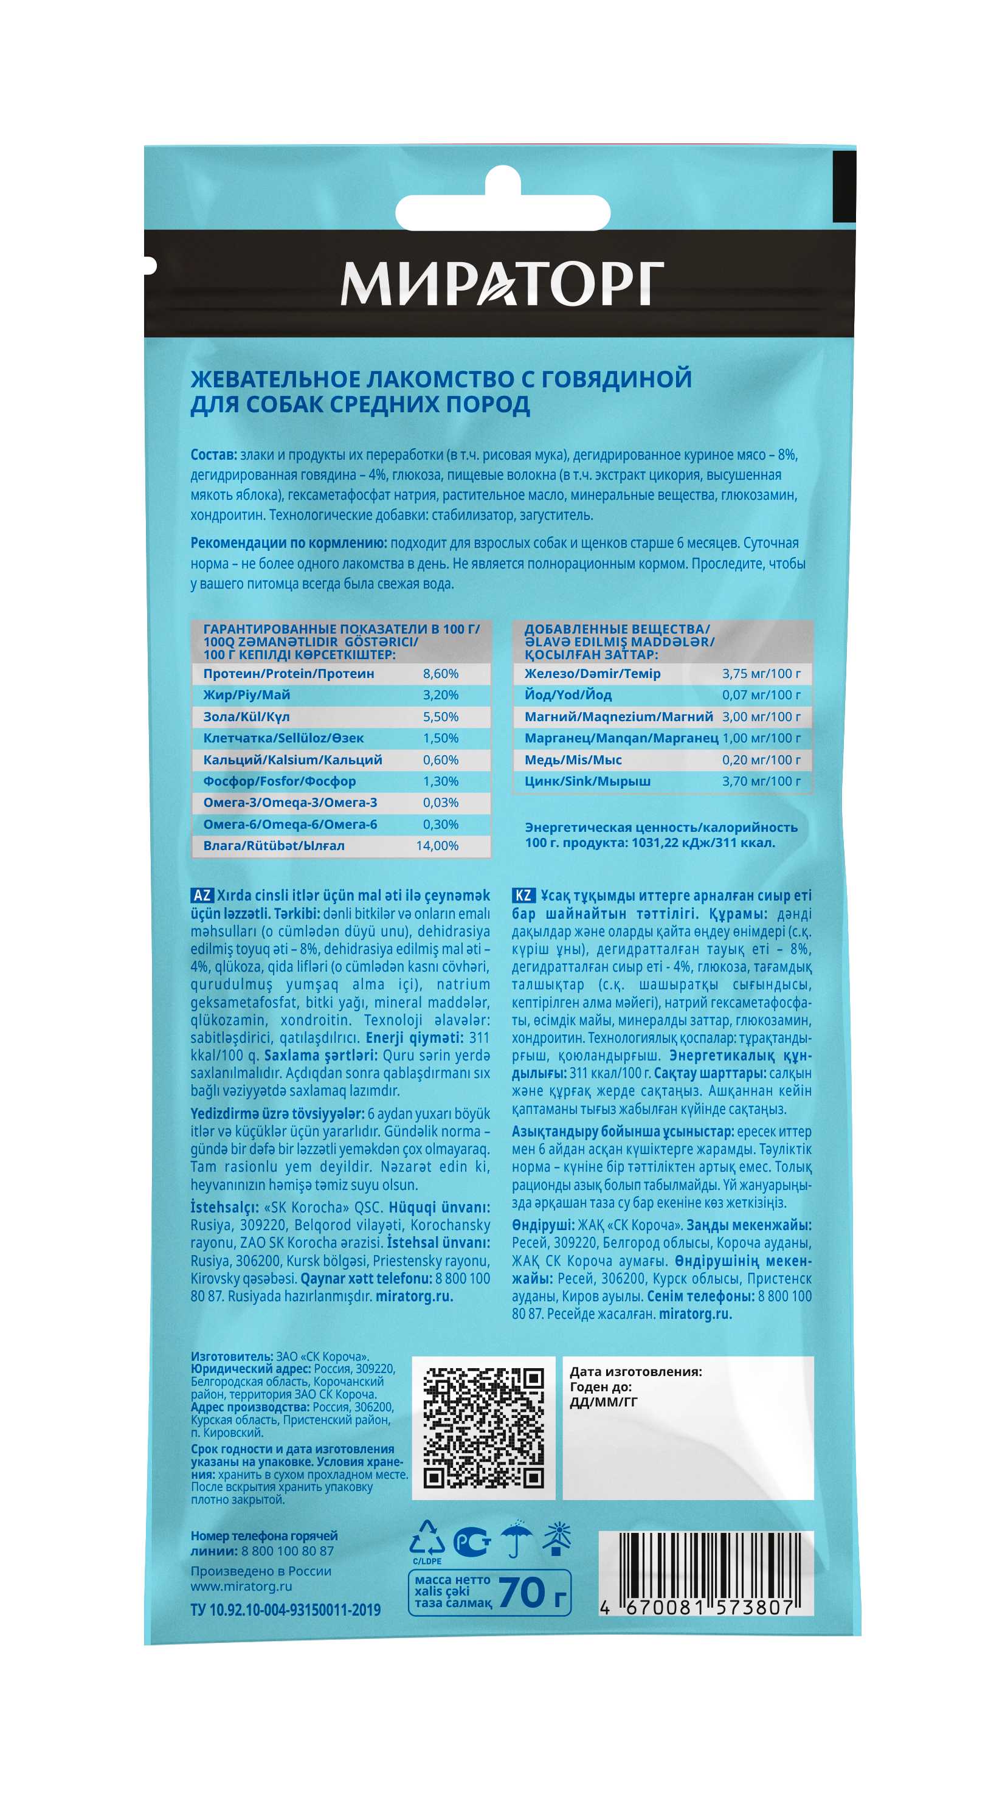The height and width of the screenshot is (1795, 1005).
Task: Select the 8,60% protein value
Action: [440, 674]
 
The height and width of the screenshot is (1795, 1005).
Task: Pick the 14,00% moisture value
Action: [437, 846]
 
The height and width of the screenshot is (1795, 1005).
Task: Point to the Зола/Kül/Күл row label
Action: [246, 717]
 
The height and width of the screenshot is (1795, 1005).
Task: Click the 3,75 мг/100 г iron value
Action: [761, 674]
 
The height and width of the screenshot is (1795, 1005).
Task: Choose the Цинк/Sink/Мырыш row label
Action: [587, 781]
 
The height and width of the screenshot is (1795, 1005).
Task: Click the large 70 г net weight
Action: [533, 1594]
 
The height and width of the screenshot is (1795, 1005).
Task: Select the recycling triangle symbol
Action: [427, 1539]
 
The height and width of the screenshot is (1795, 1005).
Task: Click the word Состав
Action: [213, 455]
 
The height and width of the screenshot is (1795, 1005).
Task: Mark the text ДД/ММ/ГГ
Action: [603, 1402]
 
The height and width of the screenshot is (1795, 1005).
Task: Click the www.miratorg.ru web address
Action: [241, 1586]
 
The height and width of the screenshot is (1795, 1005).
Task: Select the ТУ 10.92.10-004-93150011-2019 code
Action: [285, 1610]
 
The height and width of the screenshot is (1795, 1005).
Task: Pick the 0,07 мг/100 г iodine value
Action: [761, 695]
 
